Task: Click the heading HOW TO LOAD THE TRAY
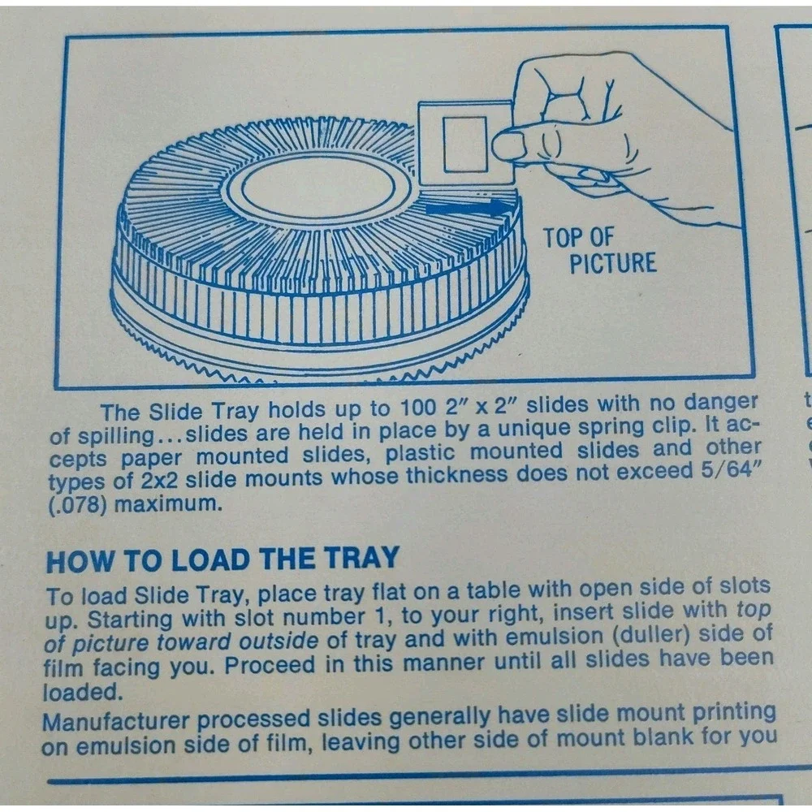(x=222, y=559)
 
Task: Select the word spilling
(x=117, y=436)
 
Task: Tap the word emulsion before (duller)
(x=553, y=637)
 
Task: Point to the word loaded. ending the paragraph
(x=83, y=693)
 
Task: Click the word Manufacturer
(x=115, y=722)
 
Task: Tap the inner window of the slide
(x=465, y=145)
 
